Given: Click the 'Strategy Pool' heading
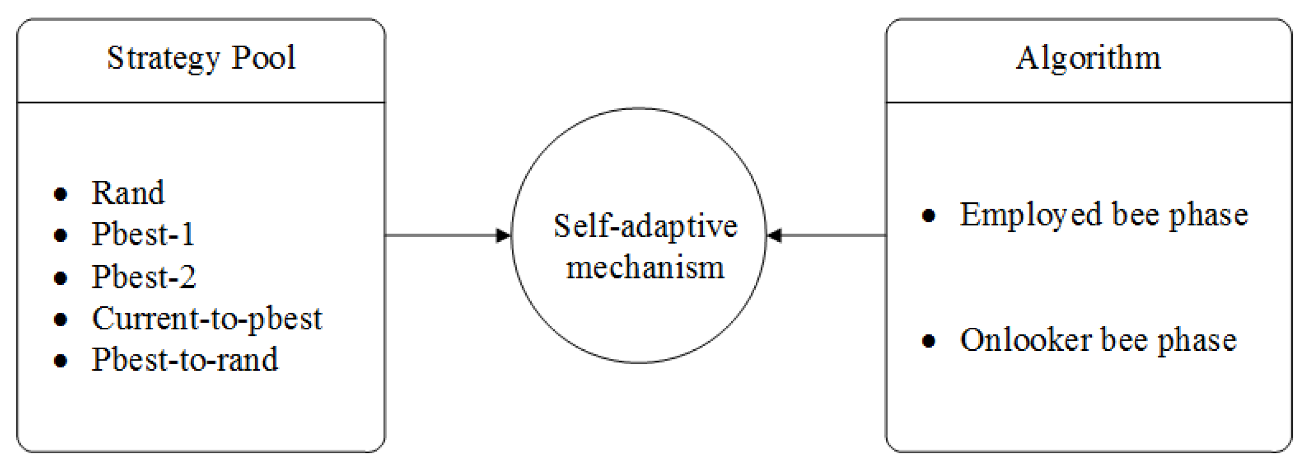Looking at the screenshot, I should [x=201, y=58].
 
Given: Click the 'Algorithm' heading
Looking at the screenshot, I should [x=1089, y=58].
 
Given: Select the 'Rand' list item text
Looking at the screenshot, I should [x=128, y=193].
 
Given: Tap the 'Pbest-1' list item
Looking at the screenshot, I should [x=143, y=234].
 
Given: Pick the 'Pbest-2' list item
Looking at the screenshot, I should [x=144, y=277].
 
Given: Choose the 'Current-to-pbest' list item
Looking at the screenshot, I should [x=207, y=319].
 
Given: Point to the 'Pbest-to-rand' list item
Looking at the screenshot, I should [x=185, y=359].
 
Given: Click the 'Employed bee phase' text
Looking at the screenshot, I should [x=1104, y=215].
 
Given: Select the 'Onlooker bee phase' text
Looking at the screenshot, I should [x=1098, y=340].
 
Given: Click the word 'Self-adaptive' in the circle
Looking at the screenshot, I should [x=645, y=226].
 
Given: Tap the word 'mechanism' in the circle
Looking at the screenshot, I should [x=645, y=267].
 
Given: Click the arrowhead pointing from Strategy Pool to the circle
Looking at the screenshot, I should [x=503, y=235].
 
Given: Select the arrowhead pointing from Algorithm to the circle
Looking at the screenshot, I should [x=775, y=235].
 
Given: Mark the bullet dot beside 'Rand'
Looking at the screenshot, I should [x=61, y=194].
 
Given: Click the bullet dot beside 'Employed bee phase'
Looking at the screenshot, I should [x=929, y=216].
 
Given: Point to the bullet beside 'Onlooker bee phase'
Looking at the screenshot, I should [x=929, y=341].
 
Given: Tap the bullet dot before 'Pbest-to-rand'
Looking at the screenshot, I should [x=61, y=361].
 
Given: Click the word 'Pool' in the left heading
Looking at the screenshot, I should [x=263, y=58].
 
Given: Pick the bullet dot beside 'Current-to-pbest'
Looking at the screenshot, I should [x=61, y=320].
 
